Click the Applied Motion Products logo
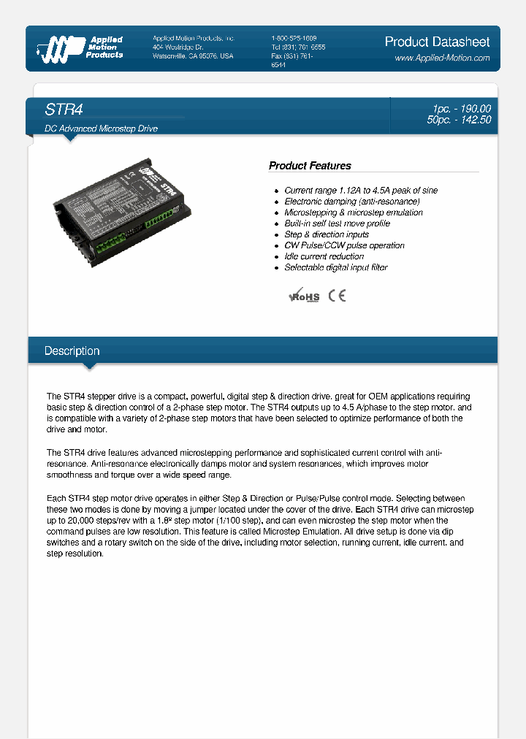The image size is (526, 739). tap(80, 47)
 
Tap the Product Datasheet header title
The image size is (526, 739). tap(437, 42)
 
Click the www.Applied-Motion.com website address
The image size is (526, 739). tap(442, 58)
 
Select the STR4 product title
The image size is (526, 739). tap(64, 110)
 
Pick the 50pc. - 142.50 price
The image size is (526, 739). tap(459, 120)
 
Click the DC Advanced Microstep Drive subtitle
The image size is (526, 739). tap(102, 129)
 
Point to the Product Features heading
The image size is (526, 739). tap(310, 166)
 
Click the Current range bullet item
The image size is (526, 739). tap(361, 191)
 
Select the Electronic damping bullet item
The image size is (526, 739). tap(351, 202)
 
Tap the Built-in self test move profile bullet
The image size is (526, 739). tap(337, 223)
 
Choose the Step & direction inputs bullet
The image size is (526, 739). tap(327, 234)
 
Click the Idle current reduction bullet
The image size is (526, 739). tap(324, 256)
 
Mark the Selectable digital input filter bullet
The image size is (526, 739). tap(335, 267)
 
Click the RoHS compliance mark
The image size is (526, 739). tap(305, 296)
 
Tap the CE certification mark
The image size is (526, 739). tap(337, 295)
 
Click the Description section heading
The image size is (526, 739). tap(72, 351)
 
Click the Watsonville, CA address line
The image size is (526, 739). tap(193, 56)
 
